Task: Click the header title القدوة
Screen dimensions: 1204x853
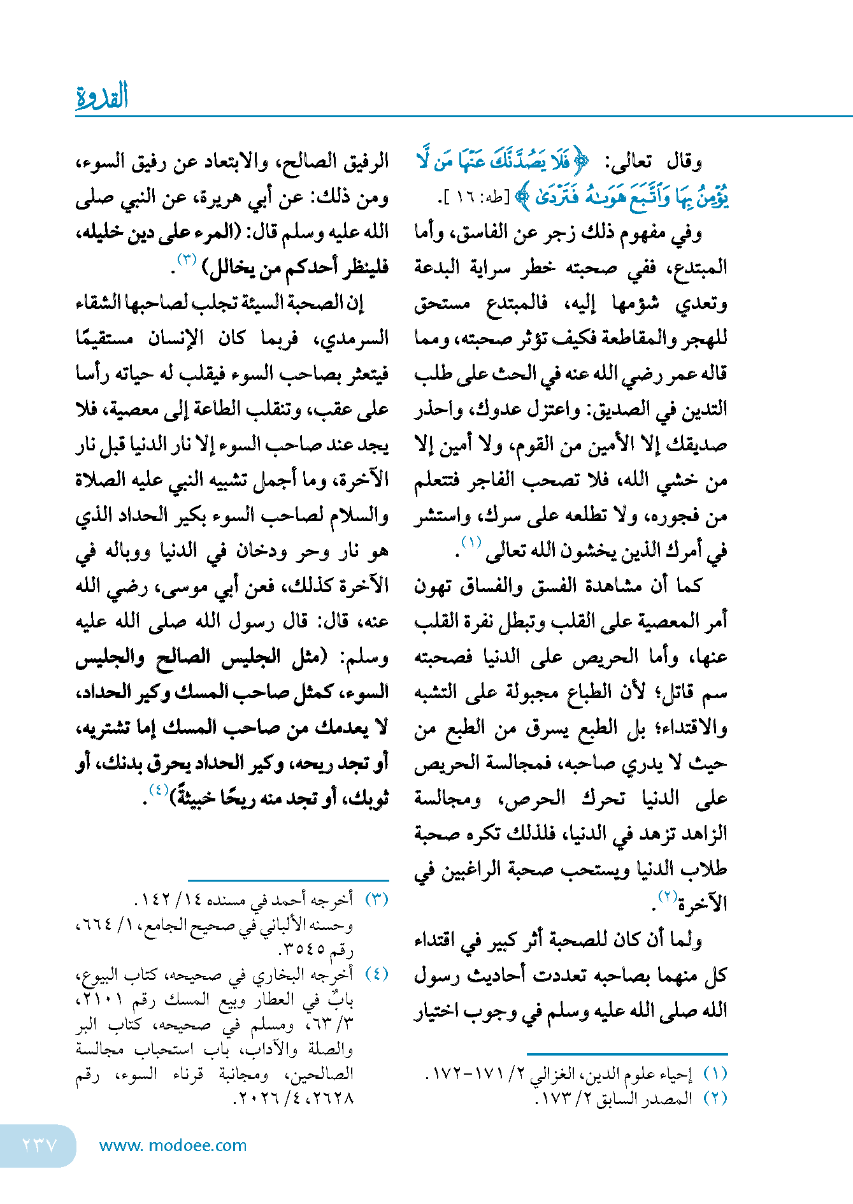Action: point(102,96)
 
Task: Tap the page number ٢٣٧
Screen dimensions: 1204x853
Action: point(39,1145)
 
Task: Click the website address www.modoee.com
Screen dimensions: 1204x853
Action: point(173,1145)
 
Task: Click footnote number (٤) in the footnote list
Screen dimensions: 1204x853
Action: point(376,974)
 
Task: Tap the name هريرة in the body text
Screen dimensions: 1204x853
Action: point(217,197)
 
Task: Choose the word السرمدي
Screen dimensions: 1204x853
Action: point(357,338)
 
